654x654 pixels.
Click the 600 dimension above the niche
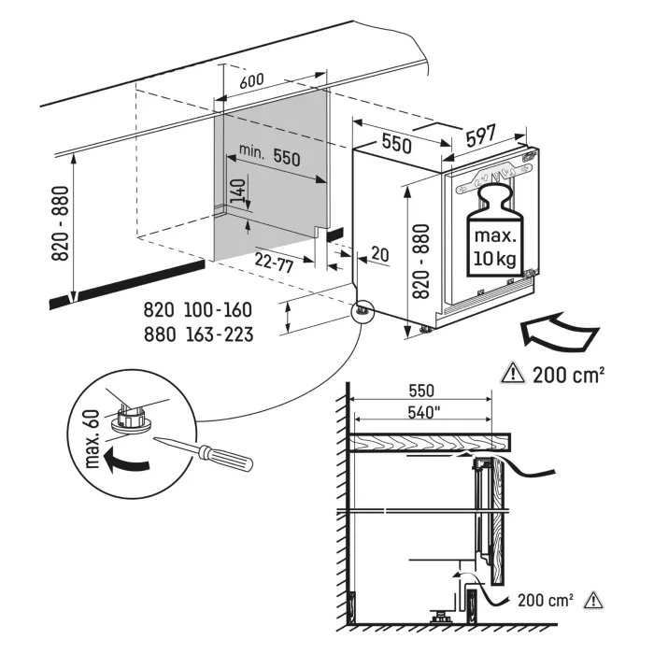(x=251, y=80)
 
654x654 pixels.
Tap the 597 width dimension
(x=481, y=135)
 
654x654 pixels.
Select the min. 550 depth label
(x=269, y=155)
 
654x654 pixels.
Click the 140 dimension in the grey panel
(x=237, y=191)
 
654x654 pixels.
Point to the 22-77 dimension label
(x=274, y=263)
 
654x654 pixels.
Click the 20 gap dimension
(x=379, y=254)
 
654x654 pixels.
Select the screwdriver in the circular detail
(x=205, y=454)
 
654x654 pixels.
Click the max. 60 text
(x=92, y=439)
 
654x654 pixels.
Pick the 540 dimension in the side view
(x=424, y=413)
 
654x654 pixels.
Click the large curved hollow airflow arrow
(x=559, y=331)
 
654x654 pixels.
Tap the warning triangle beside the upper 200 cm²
(x=514, y=373)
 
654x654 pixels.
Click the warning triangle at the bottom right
(x=593, y=600)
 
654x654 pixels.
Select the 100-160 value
(x=218, y=310)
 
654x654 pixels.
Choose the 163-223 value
(x=220, y=334)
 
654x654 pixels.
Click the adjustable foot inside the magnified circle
(x=130, y=419)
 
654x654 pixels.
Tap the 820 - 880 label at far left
(x=60, y=223)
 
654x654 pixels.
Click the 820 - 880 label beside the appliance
(x=420, y=262)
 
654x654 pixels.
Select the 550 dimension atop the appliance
(x=397, y=143)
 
